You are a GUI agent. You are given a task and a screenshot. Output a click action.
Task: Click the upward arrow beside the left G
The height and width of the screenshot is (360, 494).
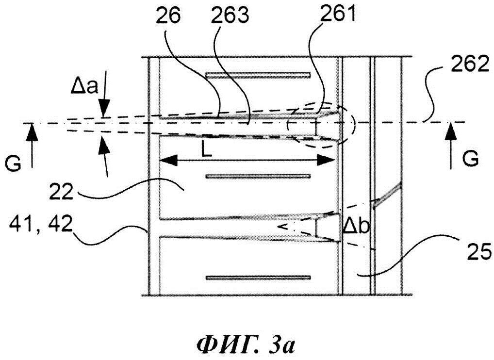point(32,146)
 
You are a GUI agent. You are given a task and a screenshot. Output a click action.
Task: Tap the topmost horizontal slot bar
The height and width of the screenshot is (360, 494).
point(258,75)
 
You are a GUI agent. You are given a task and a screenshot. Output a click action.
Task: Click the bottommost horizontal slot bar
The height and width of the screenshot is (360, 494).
point(258,278)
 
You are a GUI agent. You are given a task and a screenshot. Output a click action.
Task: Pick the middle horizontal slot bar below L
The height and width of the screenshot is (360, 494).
point(258,176)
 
